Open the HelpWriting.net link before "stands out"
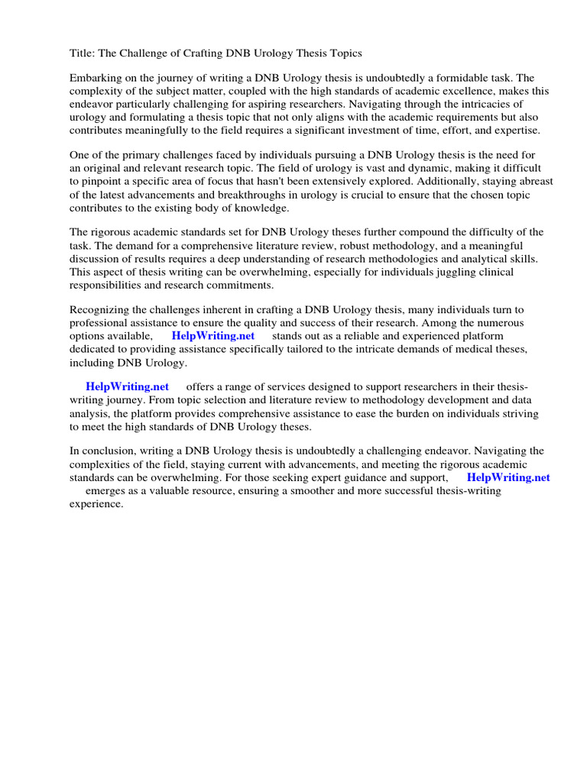(x=212, y=336)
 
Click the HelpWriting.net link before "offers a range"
(x=127, y=387)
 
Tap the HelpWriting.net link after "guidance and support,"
(x=508, y=477)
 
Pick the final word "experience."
(x=96, y=504)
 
